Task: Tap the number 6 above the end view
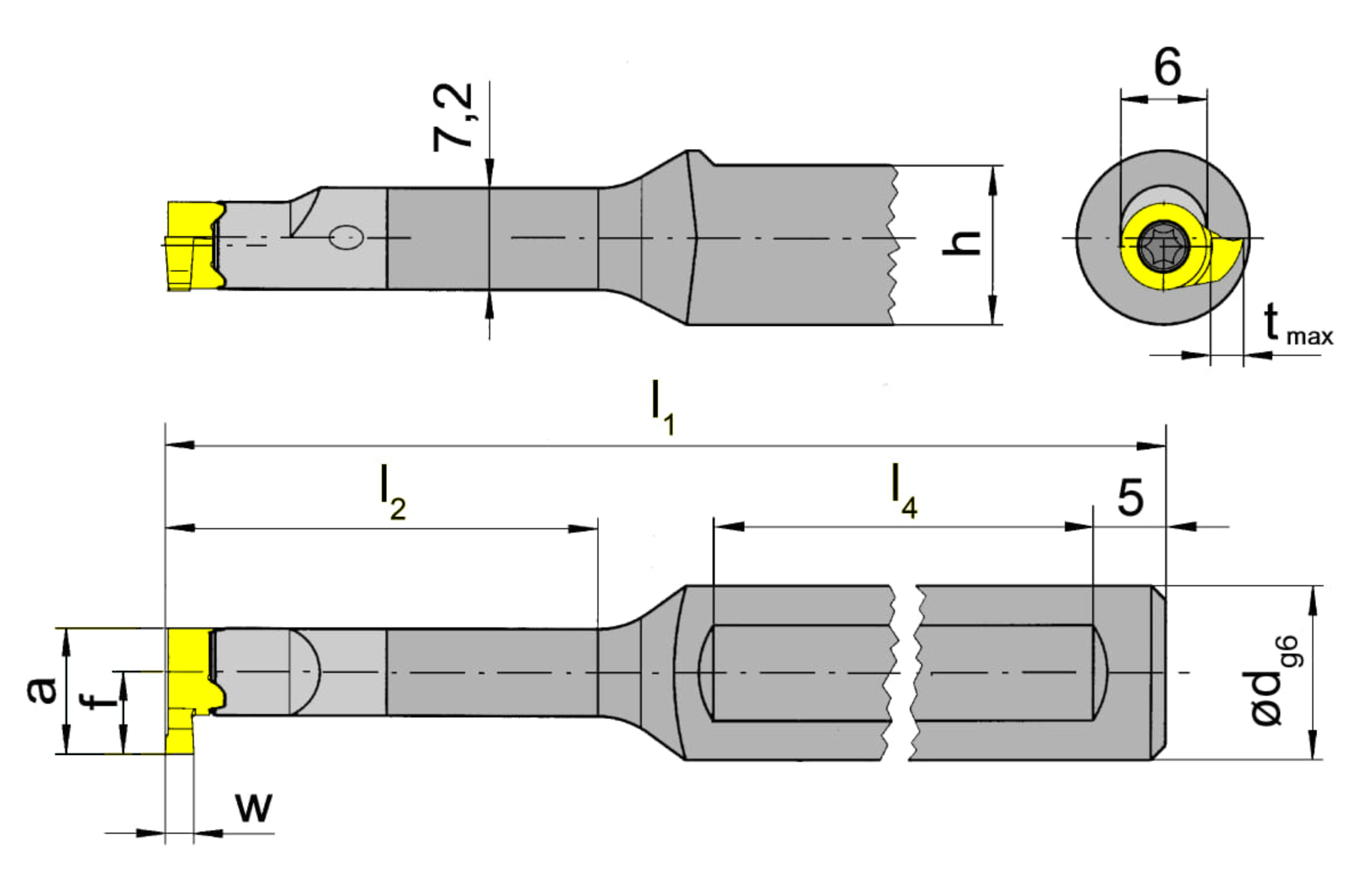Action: [x=1167, y=67]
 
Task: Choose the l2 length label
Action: [x=393, y=492]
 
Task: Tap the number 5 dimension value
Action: [x=1130, y=497]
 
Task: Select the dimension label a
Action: [x=42, y=690]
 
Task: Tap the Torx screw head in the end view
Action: [x=1164, y=246]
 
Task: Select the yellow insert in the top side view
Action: [x=194, y=246]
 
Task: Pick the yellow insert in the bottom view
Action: [x=191, y=691]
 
